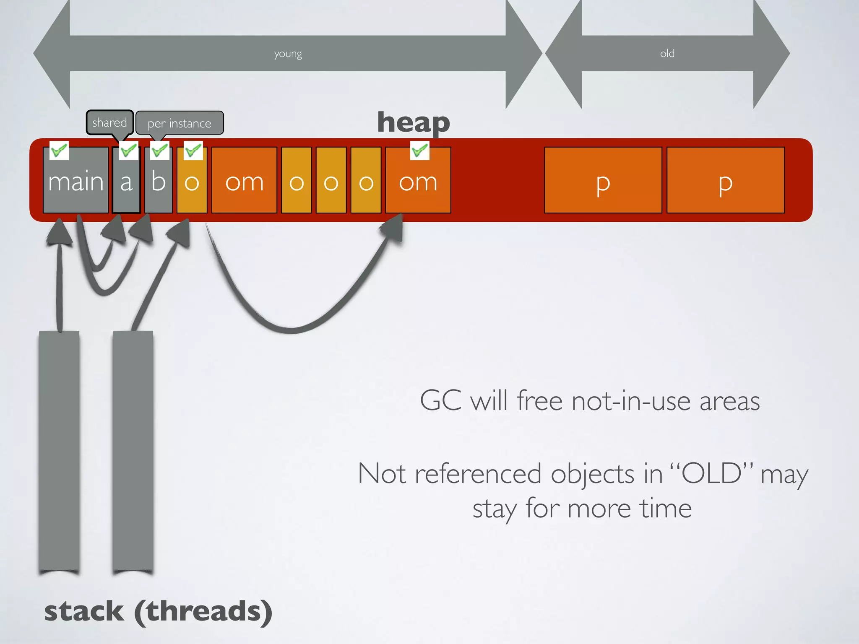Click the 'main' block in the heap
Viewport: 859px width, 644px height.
[75, 180]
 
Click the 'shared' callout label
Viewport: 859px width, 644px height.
[109, 122]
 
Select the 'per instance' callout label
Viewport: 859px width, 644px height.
[180, 123]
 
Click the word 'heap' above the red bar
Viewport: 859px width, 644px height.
[414, 122]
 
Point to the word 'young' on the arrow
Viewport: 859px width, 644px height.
[288, 54]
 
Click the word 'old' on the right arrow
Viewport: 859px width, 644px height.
[667, 54]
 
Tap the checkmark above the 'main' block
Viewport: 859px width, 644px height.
[59, 150]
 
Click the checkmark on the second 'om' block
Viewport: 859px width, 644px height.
[419, 150]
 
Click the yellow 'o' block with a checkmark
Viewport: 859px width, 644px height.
[192, 184]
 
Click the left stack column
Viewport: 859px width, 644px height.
[59, 451]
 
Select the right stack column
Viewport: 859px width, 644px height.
[133, 451]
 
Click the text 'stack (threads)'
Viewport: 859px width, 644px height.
[159, 611]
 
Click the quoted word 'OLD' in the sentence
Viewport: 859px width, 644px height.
[711, 474]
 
